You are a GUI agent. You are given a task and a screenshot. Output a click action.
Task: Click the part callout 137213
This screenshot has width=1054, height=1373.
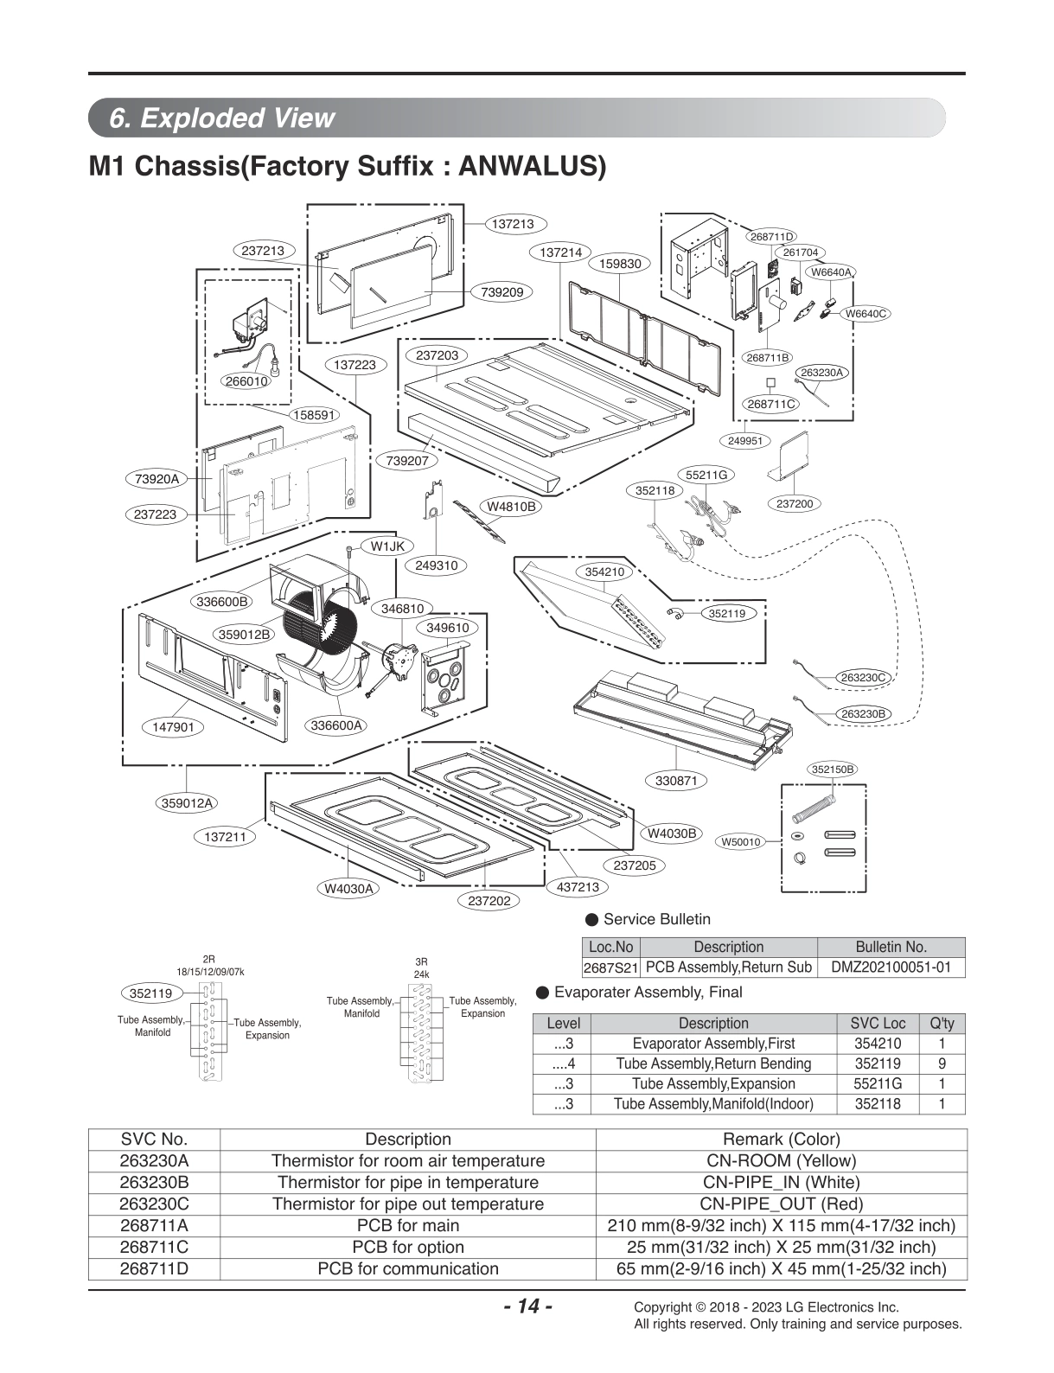pos(513,224)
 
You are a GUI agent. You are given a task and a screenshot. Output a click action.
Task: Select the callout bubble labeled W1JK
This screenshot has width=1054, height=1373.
pos(387,546)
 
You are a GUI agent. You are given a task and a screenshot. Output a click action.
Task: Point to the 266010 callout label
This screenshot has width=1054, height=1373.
pos(246,380)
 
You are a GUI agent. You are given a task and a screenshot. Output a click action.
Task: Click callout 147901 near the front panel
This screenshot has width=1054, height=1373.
pos(174,727)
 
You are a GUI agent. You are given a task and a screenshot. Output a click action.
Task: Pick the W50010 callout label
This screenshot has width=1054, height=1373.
pos(740,841)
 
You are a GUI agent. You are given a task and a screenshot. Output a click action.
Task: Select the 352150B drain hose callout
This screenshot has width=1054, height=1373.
pos(834,769)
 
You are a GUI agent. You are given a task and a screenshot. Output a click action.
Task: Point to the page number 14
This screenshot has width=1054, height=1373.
pos(527,1306)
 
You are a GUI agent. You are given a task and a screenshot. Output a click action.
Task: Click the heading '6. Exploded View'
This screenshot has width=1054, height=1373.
pos(222,118)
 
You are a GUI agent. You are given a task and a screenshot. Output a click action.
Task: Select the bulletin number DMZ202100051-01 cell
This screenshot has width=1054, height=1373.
pos(890,967)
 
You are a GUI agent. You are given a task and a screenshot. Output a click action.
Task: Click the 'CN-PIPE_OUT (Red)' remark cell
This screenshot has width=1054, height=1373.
pos(781,1204)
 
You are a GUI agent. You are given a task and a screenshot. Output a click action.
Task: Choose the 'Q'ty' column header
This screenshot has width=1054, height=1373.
pos(942,1023)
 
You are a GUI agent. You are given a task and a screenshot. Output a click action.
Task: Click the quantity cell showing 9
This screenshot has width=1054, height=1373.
pos(942,1063)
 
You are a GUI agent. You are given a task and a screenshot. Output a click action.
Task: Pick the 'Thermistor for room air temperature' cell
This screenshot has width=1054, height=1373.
pos(408,1160)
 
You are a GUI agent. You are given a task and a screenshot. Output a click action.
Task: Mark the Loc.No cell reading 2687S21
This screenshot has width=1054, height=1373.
pos(610,967)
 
